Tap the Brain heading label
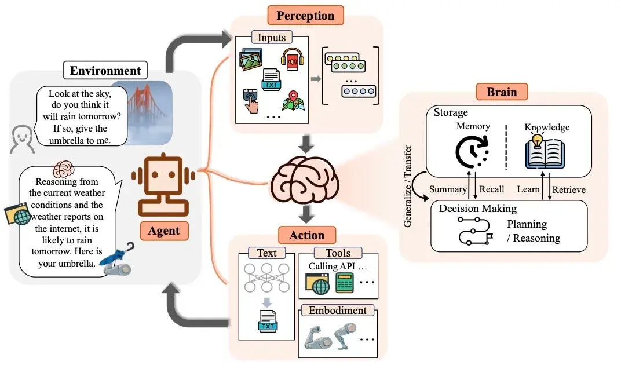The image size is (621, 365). (502, 92)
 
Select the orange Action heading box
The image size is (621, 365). (306, 235)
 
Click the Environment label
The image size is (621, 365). (105, 71)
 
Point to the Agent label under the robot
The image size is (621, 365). (164, 231)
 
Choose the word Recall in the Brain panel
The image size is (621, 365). (492, 189)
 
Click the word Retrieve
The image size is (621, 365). (568, 189)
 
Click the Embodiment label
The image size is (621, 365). (337, 310)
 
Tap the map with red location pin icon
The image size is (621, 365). (293, 101)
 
